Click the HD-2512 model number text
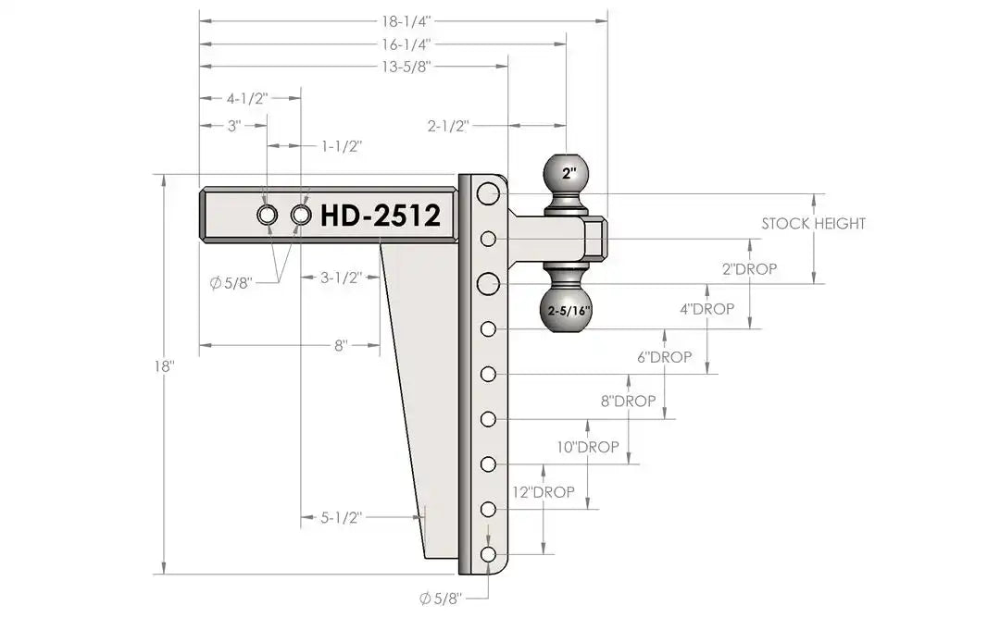point(381,216)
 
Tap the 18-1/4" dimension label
point(406,21)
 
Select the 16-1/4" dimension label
point(406,44)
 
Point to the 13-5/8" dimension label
point(406,67)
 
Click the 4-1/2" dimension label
point(247,99)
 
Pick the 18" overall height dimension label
point(164,367)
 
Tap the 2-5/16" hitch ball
point(569,311)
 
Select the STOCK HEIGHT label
point(813,224)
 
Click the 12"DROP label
point(544,492)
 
